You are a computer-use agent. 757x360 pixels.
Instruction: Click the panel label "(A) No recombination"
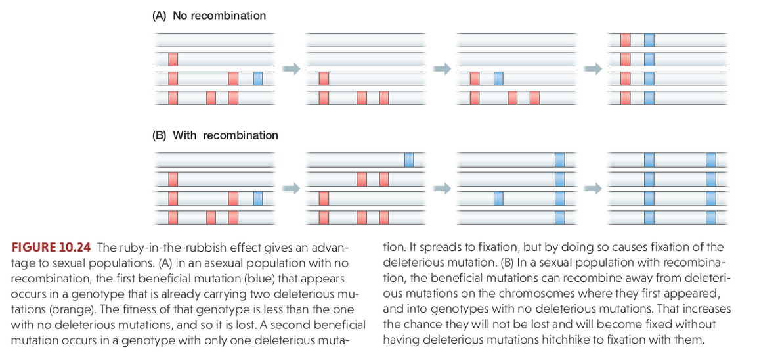[x=209, y=16]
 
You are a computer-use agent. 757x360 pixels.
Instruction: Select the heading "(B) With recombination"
[x=215, y=135]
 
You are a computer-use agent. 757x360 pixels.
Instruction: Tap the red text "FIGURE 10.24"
[x=51, y=248]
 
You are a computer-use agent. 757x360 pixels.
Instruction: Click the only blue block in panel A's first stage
[x=258, y=78]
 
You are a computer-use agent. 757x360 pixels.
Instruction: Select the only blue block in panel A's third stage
[x=498, y=78]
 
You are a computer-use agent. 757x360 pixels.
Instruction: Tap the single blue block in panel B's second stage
[x=409, y=160]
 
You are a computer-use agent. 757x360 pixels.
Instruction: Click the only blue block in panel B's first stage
[x=258, y=198]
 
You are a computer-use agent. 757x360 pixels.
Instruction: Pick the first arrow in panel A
[x=291, y=69]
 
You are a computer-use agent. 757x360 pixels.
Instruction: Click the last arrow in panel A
[x=593, y=69]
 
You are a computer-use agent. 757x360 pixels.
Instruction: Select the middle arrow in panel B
[x=441, y=189]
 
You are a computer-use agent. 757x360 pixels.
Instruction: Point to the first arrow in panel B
[x=291, y=189]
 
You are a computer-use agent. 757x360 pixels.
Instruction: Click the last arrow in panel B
[x=593, y=189]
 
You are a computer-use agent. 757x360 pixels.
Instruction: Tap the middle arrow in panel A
[x=441, y=69]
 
